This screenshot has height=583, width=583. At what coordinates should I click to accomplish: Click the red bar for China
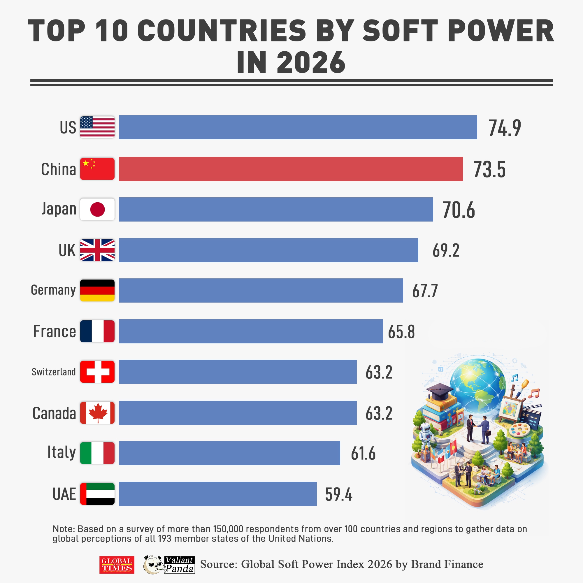pyautogui.click(x=291, y=169)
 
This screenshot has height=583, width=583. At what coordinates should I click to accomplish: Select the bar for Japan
pyautogui.click(x=276, y=209)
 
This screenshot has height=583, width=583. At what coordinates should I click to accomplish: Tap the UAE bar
pyautogui.click(x=217, y=494)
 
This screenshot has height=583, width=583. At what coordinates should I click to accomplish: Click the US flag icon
pyautogui.click(x=97, y=127)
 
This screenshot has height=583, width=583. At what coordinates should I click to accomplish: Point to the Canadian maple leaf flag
pyautogui.click(x=97, y=412)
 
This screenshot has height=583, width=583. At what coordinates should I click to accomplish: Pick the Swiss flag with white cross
pyautogui.click(x=97, y=372)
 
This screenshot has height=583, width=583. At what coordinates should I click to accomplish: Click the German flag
pyautogui.click(x=97, y=290)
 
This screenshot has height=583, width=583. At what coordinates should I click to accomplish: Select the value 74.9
pyautogui.click(x=505, y=128)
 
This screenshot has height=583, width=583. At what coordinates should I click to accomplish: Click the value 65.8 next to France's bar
pyautogui.click(x=401, y=332)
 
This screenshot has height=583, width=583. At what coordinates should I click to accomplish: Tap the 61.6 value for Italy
pyautogui.click(x=363, y=453)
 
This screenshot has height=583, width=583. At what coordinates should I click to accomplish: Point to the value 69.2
pyautogui.click(x=446, y=250)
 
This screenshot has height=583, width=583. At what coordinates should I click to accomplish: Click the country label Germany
pyautogui.click(x=53, y=290)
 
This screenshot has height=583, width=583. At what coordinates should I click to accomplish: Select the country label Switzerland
pyautogui.click(x=54, y=372)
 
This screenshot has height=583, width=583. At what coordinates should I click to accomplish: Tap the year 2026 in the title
pyautogui.click(x=311, y=62)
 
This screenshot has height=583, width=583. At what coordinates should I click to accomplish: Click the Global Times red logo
pyautogui.click(x=117, y=565)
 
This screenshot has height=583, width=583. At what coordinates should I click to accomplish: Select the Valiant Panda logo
pyautogui.click(x=169, y=565)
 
